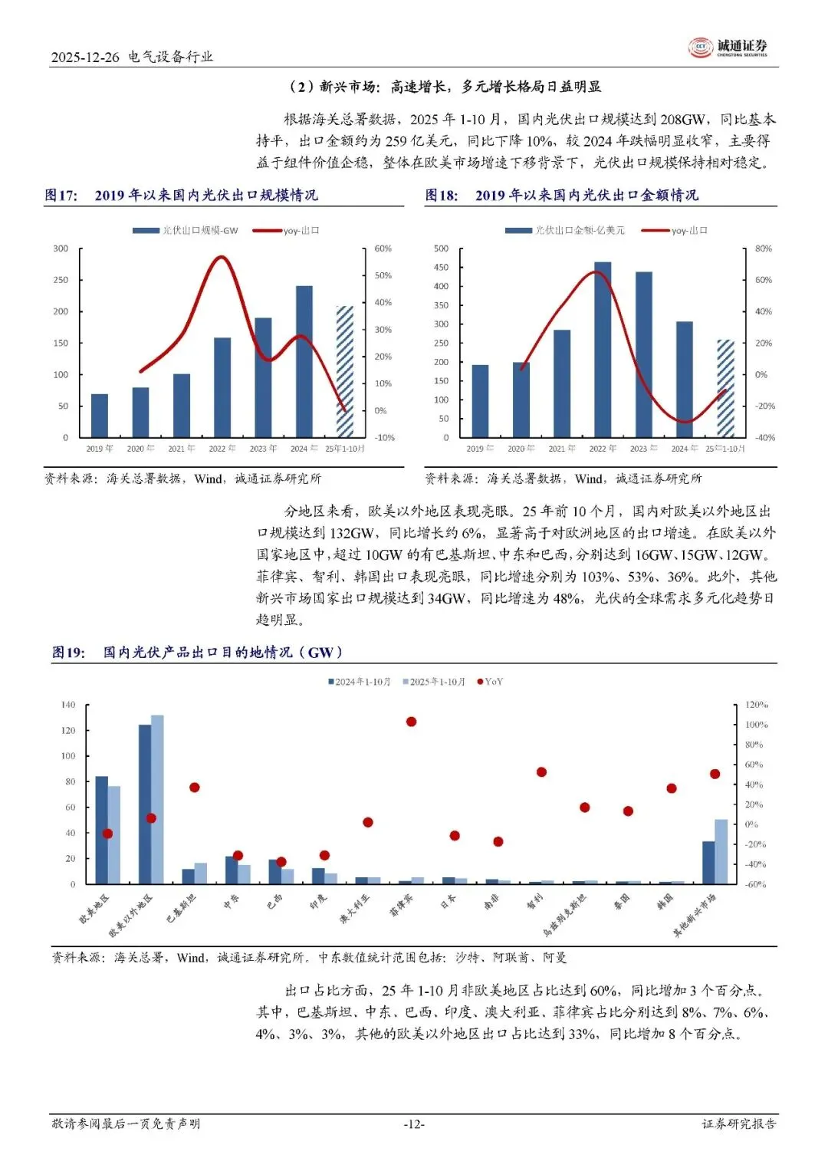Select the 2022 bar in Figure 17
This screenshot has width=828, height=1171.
coord(222,387)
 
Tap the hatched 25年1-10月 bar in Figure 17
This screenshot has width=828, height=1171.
coord(345,372)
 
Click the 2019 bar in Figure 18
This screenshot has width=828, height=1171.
coord(480,401)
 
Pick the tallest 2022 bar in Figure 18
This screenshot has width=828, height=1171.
coord(603,350)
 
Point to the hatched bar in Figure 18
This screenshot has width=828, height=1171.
coord(725,389)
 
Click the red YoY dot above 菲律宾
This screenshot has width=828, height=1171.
coord(411,722)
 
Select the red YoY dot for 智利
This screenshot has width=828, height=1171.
coord(541,772)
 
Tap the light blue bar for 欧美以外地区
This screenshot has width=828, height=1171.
coord(157,799)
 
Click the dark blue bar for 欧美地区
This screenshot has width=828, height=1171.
coord(101,831)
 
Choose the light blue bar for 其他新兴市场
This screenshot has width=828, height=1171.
coord(721,852)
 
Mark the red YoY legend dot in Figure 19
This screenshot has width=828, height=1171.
coord(481,682)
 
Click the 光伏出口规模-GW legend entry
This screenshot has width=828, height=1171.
coord(186,231)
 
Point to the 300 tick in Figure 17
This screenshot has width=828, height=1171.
coord(61,248)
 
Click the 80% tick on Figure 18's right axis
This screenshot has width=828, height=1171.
coord(763,248)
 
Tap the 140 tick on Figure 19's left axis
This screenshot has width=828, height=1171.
coord(68,705)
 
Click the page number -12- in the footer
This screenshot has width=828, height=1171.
coord(414,1124)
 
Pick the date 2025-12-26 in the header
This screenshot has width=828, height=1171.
coord(85,57)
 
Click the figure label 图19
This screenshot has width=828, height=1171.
coord(68,653)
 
